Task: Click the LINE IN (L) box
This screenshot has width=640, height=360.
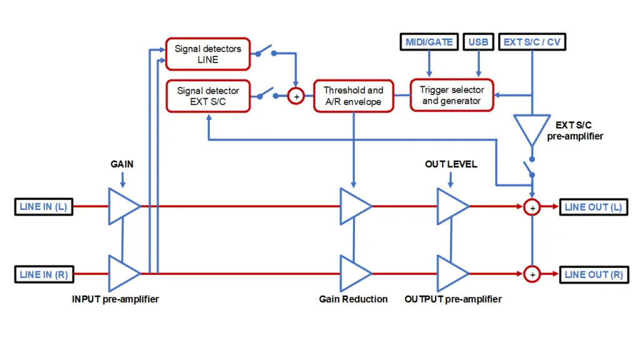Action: (x=44, y=206)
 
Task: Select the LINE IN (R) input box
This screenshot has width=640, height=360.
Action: (x=44, y=274)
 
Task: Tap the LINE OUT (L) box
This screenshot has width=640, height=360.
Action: (x=594, y=207)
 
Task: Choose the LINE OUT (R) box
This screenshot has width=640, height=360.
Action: (x=594, y=274)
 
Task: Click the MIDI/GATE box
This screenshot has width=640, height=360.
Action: (x=429, y=42)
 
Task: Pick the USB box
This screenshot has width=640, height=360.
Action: (x=478, y=42)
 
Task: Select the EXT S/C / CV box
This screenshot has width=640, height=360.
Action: (x=532, y=42)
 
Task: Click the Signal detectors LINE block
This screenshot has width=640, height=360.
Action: (x=207, y=54)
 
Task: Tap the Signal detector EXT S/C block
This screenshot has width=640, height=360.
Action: (x=208, y=96)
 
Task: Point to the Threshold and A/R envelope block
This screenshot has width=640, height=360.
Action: (x=354, y=96)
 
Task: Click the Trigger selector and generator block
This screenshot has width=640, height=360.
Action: (x=452, y=95)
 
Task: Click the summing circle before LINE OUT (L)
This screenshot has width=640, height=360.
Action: (x=532, y=207)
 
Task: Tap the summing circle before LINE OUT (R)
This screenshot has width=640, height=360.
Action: (x=532, y=274)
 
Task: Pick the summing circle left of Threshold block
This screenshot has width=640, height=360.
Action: (x=296, y=96)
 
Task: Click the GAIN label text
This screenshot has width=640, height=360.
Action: (x=122, y=164)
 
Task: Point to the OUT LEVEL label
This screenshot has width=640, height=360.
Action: (x=451, y=164)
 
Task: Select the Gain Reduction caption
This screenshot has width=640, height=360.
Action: (x=354, y=299)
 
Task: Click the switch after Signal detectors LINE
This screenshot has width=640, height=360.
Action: (x=266, y=51)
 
